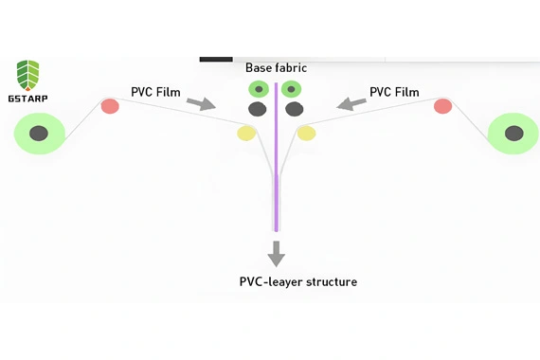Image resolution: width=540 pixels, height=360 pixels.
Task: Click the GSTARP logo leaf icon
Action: pos(28,74)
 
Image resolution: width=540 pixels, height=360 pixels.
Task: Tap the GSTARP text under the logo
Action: pos(28,98)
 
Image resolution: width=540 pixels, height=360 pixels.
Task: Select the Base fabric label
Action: pos(276,68)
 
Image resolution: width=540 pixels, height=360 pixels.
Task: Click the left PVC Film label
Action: pos(155,92)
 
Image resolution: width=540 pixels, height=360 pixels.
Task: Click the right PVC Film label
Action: pos(394,92)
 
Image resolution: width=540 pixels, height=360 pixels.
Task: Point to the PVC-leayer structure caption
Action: pos(297,281)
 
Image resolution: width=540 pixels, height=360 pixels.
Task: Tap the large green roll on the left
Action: pos(39,133)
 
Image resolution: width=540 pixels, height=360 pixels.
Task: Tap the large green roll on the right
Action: pos(513,133)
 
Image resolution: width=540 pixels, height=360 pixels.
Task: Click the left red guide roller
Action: pos(110,106)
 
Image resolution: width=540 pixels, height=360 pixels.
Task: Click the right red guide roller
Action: pos(442,106)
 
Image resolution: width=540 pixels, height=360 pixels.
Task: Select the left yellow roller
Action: pos(246,133)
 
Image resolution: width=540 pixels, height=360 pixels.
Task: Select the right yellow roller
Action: pos(306,133)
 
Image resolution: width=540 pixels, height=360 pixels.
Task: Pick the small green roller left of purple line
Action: pos(259,89)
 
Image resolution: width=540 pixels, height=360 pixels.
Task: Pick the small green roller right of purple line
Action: pos(293,89)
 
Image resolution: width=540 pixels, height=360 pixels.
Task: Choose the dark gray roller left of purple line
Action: pos(257,109)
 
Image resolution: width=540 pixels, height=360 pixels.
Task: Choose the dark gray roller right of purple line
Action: pos(295,109)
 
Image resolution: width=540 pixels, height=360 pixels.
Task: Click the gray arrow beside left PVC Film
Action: pos(201,102)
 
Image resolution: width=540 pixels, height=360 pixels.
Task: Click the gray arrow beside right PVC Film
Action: pos(351,102)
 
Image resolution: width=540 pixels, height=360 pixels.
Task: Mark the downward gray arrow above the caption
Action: pos(276,253)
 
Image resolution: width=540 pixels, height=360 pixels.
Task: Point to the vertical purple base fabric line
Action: pos(276,171)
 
